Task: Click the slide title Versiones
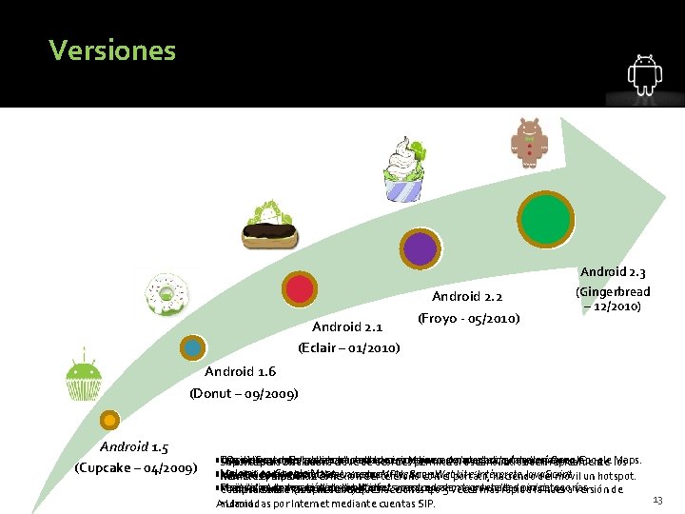click(x=112, y=49)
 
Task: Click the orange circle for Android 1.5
click(x=110, y=420)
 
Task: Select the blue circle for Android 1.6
click(x=193, y=347)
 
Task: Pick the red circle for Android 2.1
click(x=301, y=289)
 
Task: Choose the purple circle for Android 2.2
click(x=420, y=249)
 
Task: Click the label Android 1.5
click(x=136, y=446)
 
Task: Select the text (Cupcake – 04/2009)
click(x=135, y=468)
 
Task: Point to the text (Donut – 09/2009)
click(x=245, y=392)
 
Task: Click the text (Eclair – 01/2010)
click(x=348, y=347)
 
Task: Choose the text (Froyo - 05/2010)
click(x=468, y=317)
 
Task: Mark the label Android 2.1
click(x=347, y=327)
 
